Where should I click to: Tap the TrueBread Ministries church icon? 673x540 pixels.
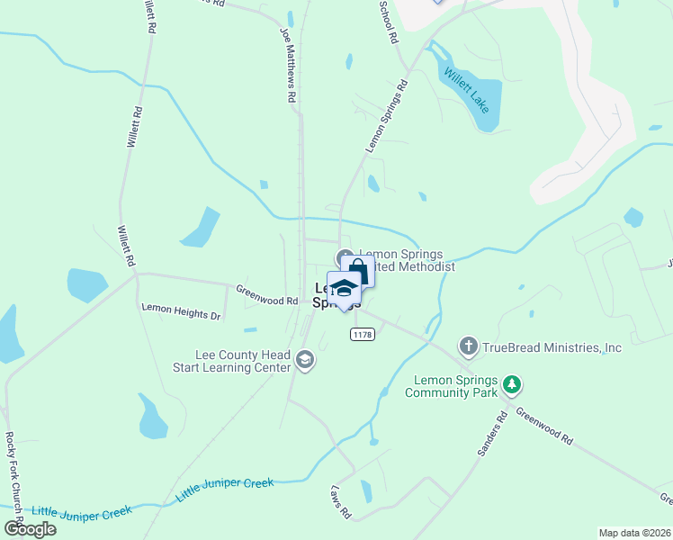468,346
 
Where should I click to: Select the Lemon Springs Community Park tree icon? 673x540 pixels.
512,385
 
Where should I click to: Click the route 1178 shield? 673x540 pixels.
362,334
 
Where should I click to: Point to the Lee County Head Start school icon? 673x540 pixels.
305,361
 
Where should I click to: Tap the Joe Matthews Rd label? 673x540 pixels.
288,67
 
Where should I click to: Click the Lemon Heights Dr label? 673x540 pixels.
181,311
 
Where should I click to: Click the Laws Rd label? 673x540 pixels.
340,502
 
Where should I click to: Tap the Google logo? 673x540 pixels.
31,528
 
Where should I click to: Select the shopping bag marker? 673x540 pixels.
359,270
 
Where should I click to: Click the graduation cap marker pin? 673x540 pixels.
343,290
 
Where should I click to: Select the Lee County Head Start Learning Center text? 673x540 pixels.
244,361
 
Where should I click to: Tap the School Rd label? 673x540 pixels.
390,24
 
